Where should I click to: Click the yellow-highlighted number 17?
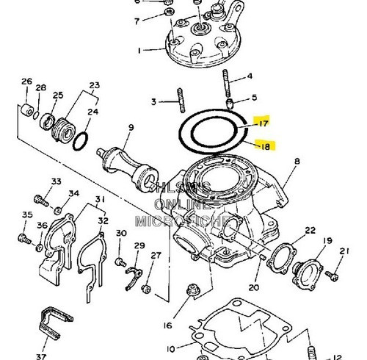point(263,123)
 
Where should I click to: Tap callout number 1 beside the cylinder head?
point(139,51)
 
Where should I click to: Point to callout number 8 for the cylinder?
point(297,161)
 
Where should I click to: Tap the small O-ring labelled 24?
point(83,138)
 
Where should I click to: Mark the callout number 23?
point(94,86)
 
